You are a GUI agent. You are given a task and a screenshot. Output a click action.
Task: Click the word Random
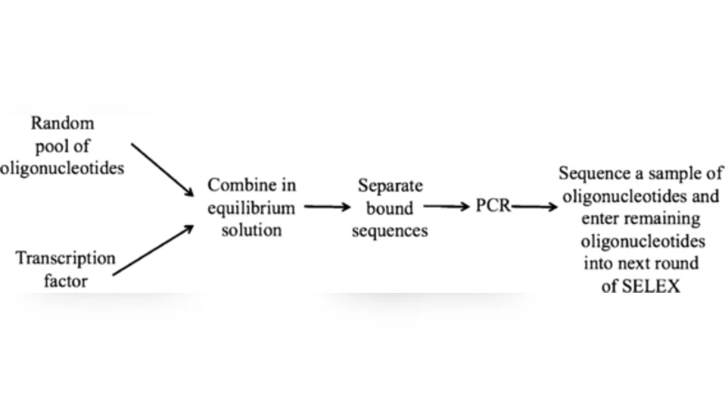pyautogui.click(x=62, y=123)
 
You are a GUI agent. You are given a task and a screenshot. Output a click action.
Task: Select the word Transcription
pyautogui.click(x=65, y=258)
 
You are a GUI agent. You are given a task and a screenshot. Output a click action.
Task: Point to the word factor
pyautogui.click(x=66, y=281)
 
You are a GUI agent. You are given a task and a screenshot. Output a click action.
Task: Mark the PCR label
pyautogui.click(x=493, y=208)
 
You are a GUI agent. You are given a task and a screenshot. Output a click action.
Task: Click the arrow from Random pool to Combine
pyautogui.click(x=163, y=169)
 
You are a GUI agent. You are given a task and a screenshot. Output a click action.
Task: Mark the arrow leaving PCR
pyautogui.click(x=534, y=208)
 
